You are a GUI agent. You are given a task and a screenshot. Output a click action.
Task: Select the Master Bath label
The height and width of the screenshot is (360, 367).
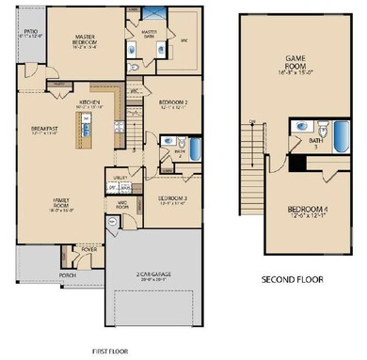pyautogui.click(x=149, y=34)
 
